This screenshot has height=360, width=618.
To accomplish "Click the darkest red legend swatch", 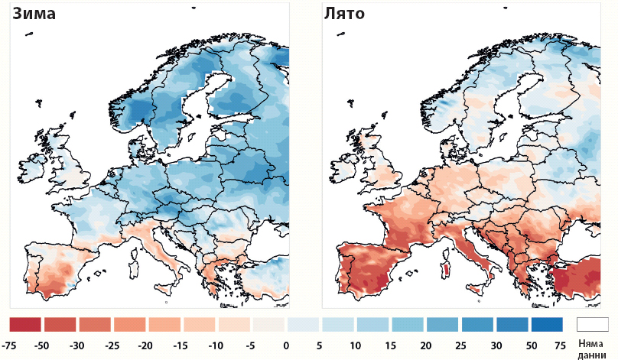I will [25, 325].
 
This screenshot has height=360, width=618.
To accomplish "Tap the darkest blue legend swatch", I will [546, 325].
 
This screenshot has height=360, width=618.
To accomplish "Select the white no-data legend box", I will [592, 325].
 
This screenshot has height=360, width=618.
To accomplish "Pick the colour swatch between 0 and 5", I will [303, 325].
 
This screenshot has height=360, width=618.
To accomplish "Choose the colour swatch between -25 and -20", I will [130, 325].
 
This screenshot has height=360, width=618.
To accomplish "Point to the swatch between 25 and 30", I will [476, 325].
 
